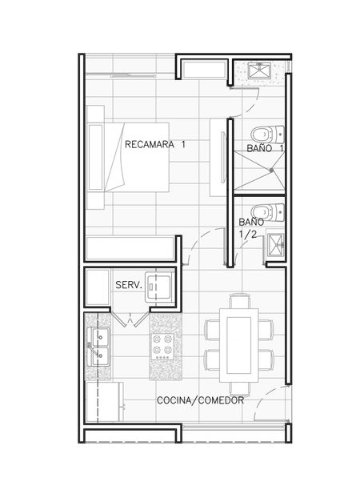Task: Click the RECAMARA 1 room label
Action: (x=155, y=144)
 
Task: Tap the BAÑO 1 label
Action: (x=265, y=148)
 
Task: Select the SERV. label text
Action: (x=129, y=285)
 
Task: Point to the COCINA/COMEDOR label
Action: (x=200, y=400)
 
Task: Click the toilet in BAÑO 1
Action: (x=267, y=135)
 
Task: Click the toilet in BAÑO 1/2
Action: (x=267, y=212)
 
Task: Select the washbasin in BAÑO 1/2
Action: (x=275, y=245)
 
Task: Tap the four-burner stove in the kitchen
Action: (x=162, y=347)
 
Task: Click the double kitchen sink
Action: (x=98, y=347)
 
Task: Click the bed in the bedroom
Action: (x=137, y=157)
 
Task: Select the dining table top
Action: (x=238, y=346)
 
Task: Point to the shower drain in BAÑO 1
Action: (x=271, y=170)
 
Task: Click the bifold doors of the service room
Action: (x=130, y=318)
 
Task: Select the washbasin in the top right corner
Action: (x=259, y=70)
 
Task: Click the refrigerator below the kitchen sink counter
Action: (x=105, y=402)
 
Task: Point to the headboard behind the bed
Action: (x=95, y=157)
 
